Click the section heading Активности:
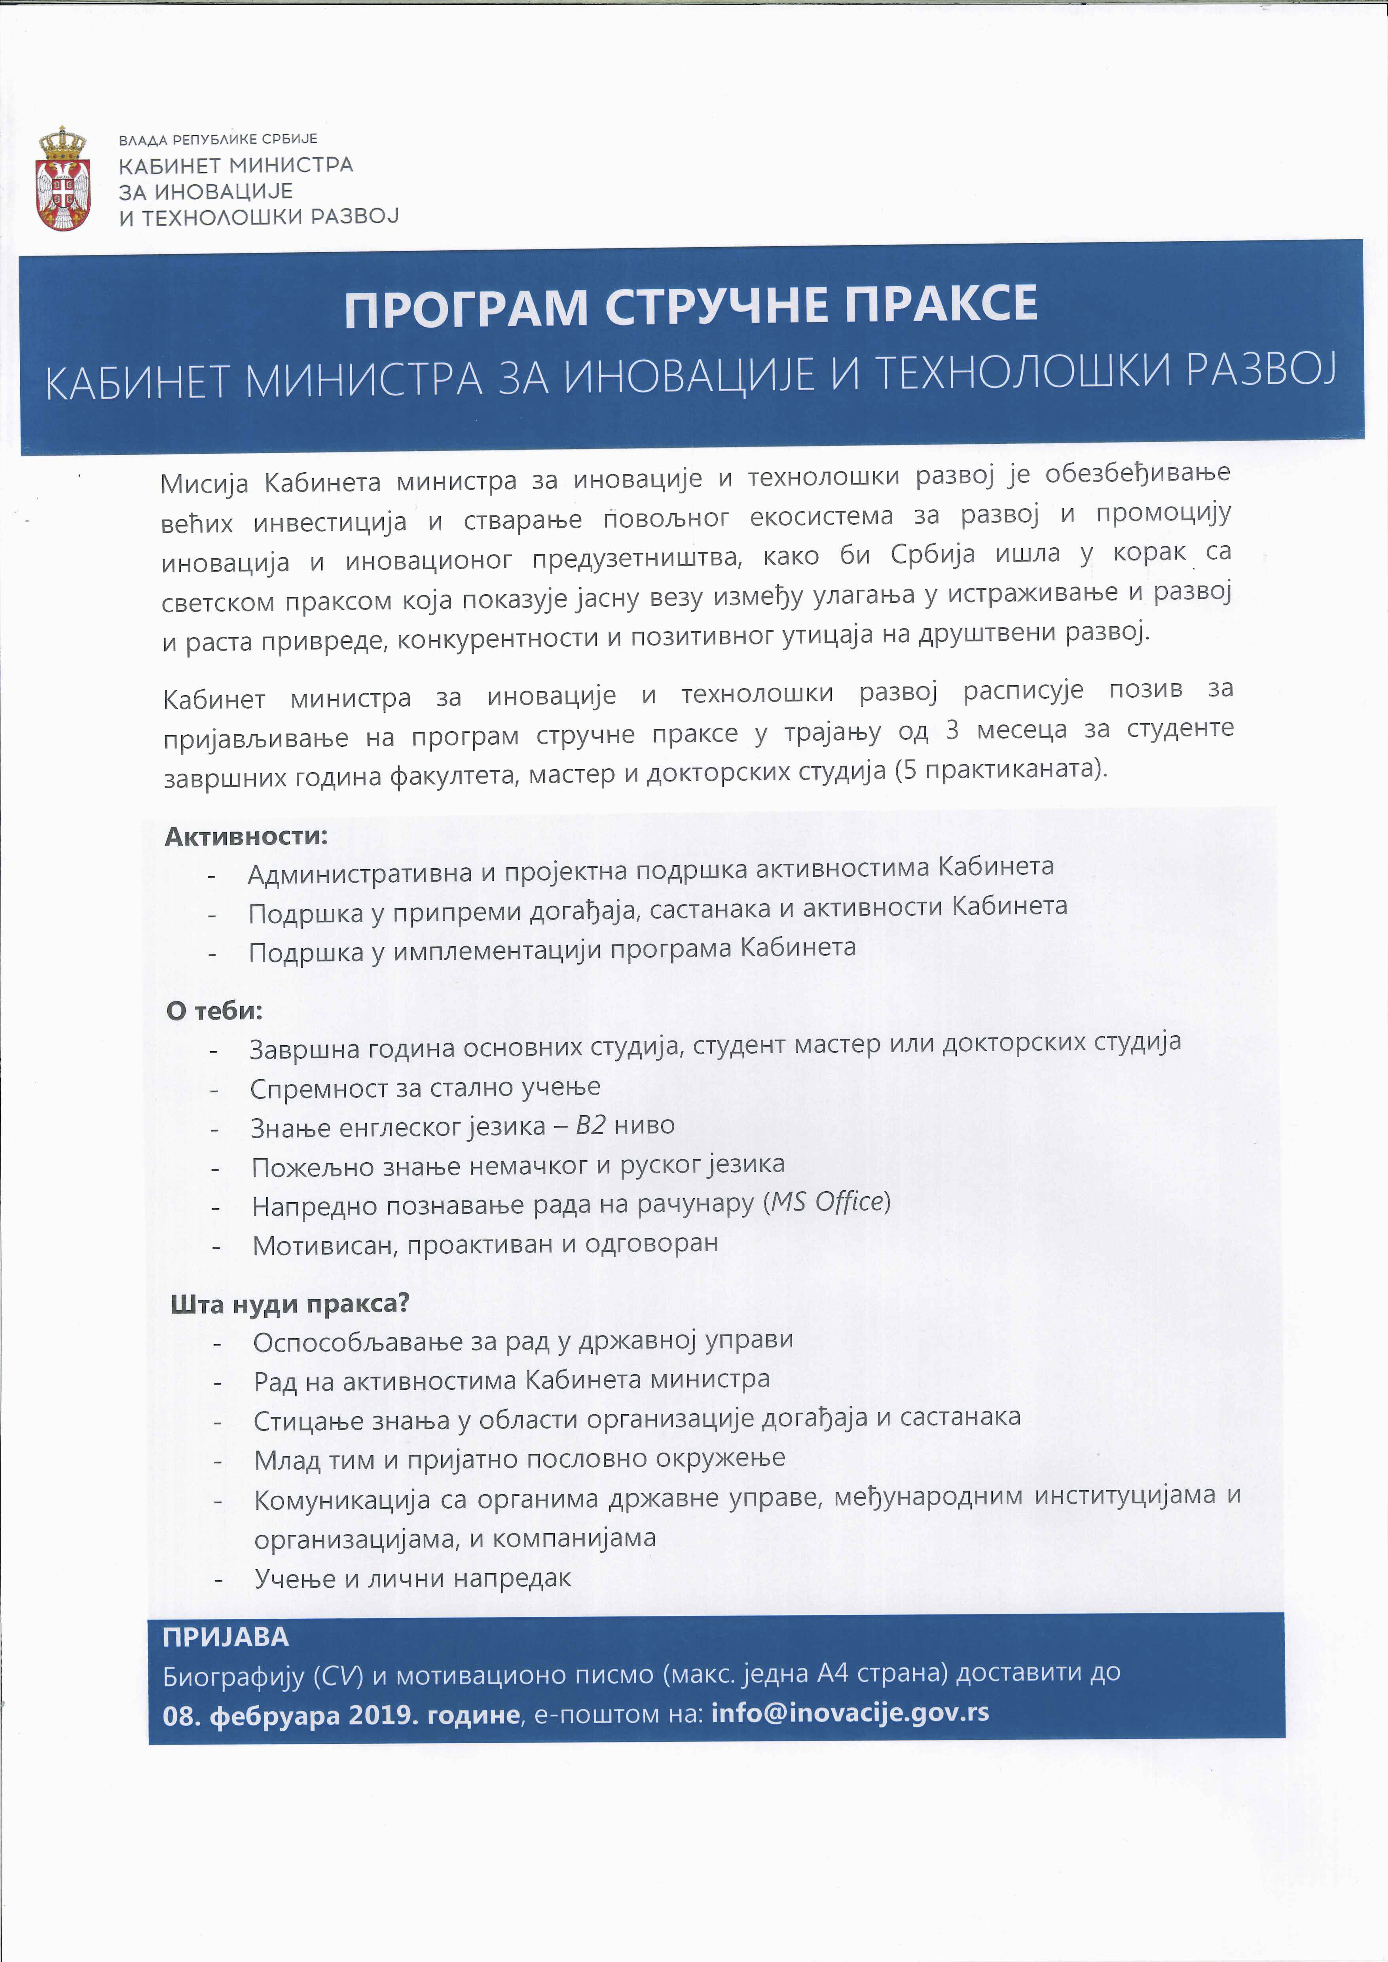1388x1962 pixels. (x=246, y=836)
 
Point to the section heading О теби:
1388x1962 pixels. (x=214, y=1011)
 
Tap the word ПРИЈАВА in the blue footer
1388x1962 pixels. (x=226, y=1637)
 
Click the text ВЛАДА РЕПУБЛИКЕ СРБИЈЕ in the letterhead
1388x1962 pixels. (x=218, y=138)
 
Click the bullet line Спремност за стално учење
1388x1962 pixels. (x=425, y=1088)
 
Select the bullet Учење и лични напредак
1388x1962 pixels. (x=413, y=1578)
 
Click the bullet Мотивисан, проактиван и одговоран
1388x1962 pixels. (x=485, y=1244)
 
